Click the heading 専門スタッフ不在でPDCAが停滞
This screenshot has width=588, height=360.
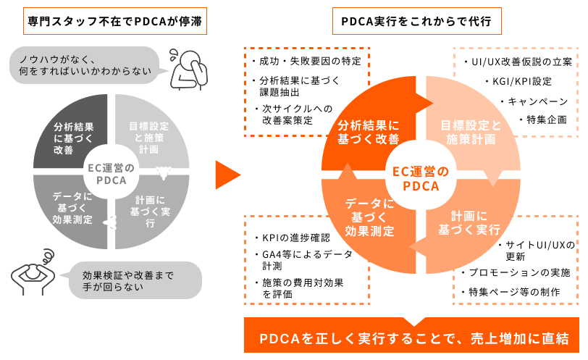114,21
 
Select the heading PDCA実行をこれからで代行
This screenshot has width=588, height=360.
416,21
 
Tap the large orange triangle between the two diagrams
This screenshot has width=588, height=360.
227,175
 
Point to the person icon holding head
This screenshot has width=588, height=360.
33,272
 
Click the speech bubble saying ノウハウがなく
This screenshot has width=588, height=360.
87,65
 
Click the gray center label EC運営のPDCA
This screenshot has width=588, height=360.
111,174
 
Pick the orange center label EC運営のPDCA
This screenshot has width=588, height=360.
421,178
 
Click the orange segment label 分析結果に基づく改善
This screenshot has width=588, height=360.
369,132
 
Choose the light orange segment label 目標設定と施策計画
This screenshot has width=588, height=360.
471,132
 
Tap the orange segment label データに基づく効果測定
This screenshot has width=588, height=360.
370,217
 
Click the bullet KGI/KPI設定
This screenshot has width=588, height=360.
518,81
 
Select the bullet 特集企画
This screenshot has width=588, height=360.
543,120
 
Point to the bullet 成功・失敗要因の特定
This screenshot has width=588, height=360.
307,61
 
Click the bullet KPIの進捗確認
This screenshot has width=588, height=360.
293,238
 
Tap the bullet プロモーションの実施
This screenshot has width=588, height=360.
516,272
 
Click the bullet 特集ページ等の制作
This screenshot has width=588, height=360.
511,292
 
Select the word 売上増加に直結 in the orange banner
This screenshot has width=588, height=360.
520,338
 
